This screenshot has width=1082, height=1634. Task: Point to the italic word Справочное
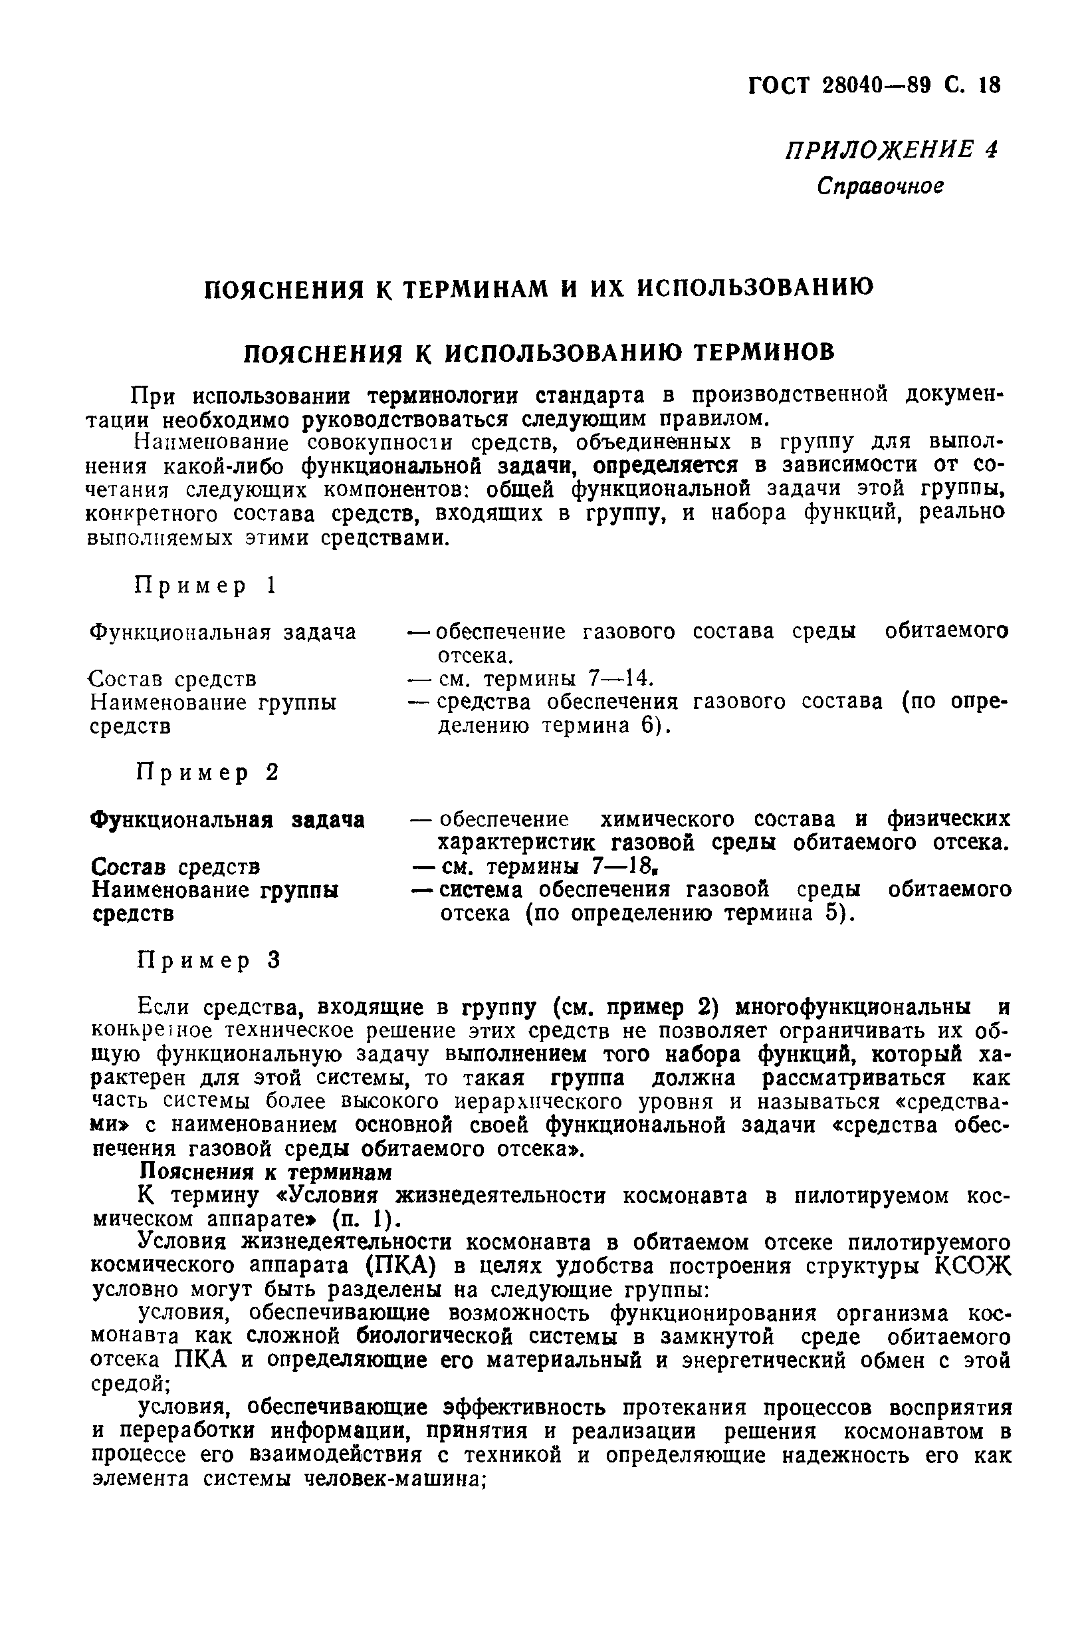click(879, 186)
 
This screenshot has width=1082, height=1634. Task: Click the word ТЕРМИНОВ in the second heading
click(763, 352)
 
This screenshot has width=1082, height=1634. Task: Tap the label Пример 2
click(207, 773)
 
